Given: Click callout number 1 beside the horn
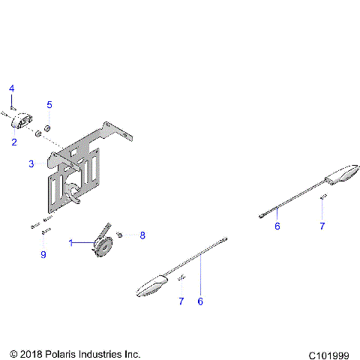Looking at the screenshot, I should [72, 243].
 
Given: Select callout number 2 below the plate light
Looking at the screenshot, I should [13, 141].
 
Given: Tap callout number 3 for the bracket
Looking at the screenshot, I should [31, 163].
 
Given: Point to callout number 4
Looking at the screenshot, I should [12, 89].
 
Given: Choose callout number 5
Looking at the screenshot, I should [49, 104].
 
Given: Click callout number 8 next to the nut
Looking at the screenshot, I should [142, 235].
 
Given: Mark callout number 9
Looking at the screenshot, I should [43, 255].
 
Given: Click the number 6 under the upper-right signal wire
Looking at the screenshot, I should [277, 226].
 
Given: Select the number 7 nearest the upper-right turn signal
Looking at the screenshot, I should [322, 226].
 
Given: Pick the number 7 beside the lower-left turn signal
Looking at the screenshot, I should [181, 301].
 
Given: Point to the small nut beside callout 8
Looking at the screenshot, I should [120, 235].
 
